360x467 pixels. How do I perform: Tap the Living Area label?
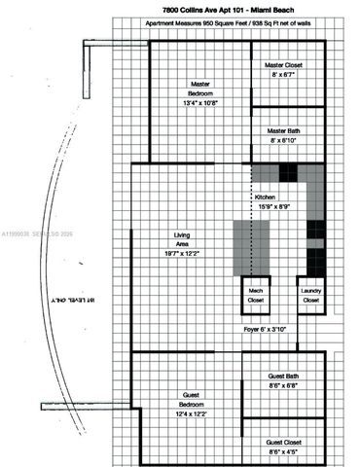coord(182,235)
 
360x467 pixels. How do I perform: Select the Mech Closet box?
coord(256,296)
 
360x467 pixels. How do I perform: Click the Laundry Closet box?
coord(311,296)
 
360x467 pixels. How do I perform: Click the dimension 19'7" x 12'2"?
coord(182,253)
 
